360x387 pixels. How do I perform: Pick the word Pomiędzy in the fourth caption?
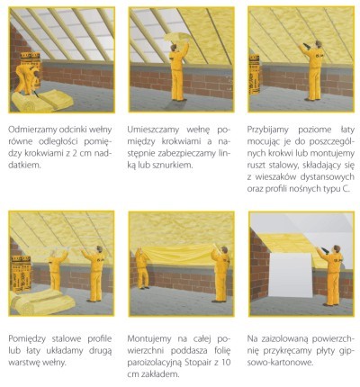tap(27, 339)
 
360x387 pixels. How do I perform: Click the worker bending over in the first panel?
tap(27, 78)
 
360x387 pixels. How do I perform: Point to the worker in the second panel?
tap(178, 72)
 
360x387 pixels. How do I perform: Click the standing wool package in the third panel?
tap(255, 75)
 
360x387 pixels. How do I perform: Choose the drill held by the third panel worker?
tap(306, 46)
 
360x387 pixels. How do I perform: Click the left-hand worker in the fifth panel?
tap(142, 268)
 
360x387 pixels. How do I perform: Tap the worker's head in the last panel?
tap(337, 248)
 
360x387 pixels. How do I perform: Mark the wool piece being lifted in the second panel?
tap(176, 37)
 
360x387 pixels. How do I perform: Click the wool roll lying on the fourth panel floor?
tap(42, 301)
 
